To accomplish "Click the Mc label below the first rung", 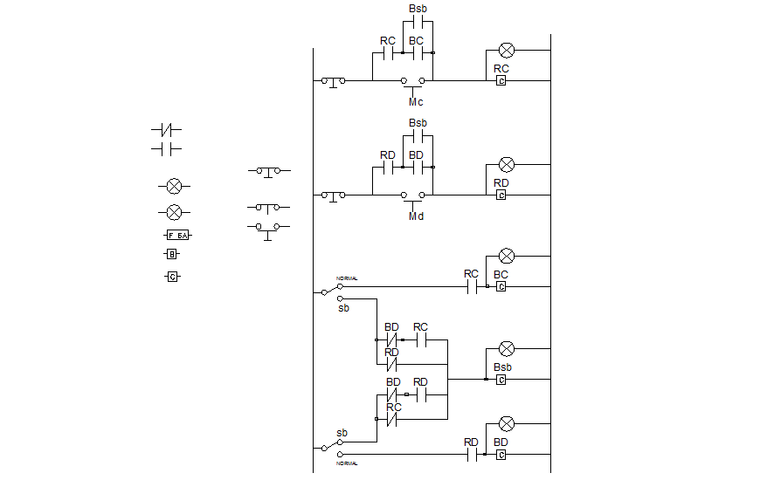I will click(416, 101).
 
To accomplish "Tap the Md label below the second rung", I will click(416, 216).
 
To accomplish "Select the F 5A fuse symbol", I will click(177, 236).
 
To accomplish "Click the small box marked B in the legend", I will click(172, 255).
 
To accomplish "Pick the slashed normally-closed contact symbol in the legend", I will click(166, 130).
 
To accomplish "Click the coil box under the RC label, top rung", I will click(501, 80).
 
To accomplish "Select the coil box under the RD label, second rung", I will click(501, 195).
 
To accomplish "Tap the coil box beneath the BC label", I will click(501, 286).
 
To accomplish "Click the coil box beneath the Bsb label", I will click(501, 379).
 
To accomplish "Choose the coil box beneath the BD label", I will click(501, 454).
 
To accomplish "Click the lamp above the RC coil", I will click(506, 51).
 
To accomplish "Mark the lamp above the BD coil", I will click(506, 424).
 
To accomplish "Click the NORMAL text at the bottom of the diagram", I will click(347, 463).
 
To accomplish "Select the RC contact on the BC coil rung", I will click(471, 286).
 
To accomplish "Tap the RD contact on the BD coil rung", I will click(471, 454).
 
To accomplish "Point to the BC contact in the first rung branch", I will click(416, 53).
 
